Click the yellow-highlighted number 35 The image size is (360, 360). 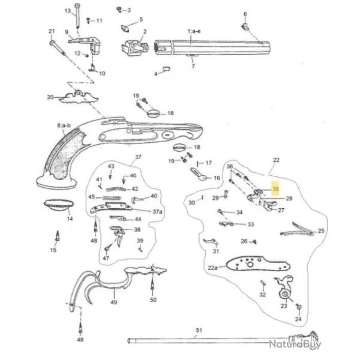(x=276, y=189)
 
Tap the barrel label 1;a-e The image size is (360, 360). (x=194, y=30)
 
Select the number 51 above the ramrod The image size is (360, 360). (x=199, y=331)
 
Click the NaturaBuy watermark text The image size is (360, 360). (x=294, y=344)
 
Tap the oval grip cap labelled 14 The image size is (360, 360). (x=58, y=205)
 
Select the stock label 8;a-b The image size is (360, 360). (x=64, y=125)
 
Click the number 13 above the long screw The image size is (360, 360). (x=68, y=11)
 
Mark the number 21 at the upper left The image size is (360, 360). (x=52, y=31)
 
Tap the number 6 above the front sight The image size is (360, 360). (x=245, y=14)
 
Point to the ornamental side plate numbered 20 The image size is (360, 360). (x=79, y=95)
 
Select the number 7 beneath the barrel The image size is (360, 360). (x=193, y=66)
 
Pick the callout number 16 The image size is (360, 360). (x=217, y=178)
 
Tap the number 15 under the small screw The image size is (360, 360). (x=53, y=250)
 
